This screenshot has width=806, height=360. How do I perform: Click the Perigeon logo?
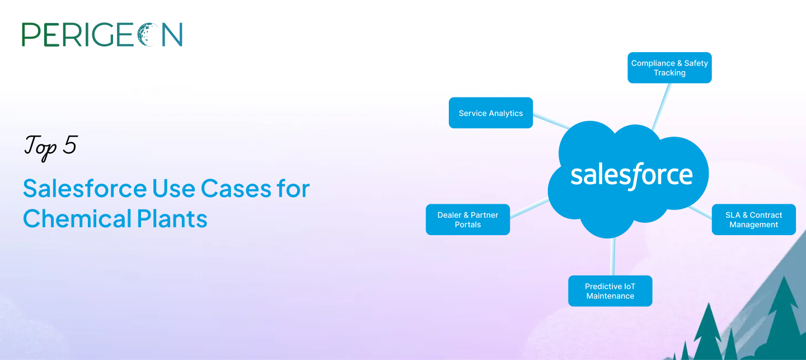point(102,35)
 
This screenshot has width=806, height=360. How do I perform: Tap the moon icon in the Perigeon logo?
point(148,35)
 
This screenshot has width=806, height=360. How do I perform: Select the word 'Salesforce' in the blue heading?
point(85,188)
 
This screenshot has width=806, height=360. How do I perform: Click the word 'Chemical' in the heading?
point(77,218)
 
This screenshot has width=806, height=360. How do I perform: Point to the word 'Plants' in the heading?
point(172,219)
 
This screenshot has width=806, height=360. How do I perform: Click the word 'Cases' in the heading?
point(236,188)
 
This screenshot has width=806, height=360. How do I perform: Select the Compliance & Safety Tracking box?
point(669,68)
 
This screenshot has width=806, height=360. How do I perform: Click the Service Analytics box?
point(491,113)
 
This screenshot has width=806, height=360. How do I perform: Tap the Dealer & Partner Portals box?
point(468,219)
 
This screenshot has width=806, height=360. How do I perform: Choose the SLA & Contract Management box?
point(754,219)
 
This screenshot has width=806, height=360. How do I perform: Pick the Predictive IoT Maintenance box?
point(610,291)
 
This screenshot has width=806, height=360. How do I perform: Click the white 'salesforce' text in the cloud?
point(631,176)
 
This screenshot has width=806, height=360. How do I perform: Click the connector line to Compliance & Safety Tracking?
point(661,106)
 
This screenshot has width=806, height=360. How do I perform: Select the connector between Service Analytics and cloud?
point(551,121)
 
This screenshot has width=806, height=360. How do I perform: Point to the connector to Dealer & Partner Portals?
point(529,209)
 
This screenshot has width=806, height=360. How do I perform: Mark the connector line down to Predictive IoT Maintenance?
point(612,256)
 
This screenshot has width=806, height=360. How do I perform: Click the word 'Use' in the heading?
point(174,188)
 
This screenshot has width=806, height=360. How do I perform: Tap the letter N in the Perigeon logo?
point(172,35)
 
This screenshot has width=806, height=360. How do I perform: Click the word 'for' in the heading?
point(293,188)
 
